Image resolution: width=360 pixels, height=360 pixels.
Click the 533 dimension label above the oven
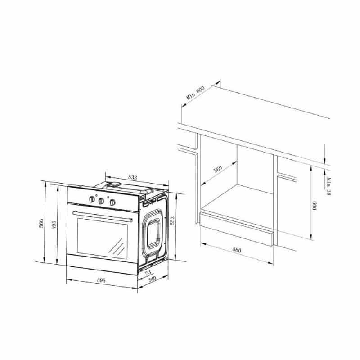132,177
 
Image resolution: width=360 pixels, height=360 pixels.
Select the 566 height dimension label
41,223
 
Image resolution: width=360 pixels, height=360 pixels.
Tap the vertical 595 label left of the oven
54,225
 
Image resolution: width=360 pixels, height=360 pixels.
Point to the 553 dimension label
172,220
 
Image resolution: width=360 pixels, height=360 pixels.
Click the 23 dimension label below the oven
148,273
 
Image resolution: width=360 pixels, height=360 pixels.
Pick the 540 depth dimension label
152,279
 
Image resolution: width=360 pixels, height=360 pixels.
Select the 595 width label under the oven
101,280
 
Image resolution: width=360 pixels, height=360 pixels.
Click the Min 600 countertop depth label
195,93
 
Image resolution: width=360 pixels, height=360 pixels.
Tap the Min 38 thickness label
329,186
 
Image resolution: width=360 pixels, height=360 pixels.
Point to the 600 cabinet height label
314,206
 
